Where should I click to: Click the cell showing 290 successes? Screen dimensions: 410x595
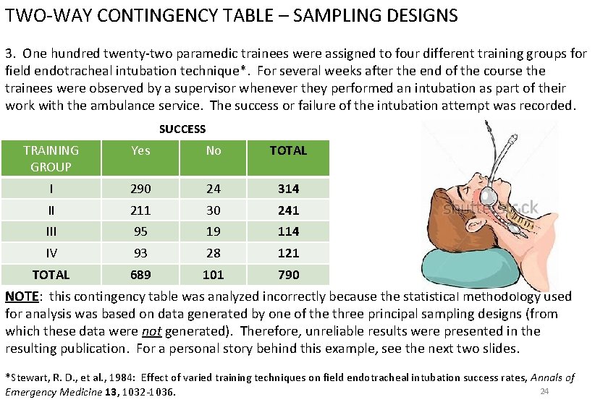140,189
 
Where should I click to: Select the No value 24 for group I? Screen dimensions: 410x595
214,189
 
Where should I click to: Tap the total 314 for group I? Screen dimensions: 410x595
288,189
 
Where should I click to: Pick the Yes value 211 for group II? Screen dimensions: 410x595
140,210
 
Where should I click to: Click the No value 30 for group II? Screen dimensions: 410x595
214,210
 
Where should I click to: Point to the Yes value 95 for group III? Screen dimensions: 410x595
140,231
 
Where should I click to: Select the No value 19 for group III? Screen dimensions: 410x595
214,231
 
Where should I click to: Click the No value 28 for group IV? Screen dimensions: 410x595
214,253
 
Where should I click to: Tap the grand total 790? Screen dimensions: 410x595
288,275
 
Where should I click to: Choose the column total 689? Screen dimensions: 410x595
140,275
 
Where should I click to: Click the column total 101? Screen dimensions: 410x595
214,275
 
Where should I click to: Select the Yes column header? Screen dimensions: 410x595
140,150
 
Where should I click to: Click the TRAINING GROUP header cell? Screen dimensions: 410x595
51,158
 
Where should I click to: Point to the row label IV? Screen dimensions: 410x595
51,253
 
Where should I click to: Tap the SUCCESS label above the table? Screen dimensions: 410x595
182,129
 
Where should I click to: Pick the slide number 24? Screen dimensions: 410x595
545,392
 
